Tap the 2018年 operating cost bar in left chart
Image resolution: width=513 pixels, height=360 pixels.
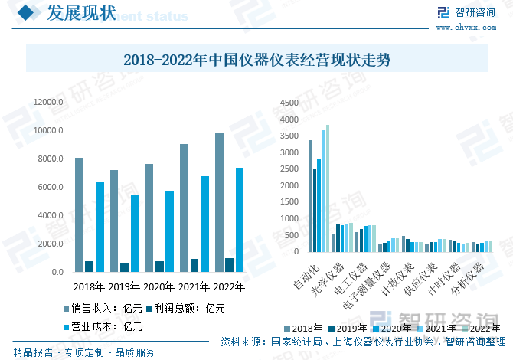[100, 227]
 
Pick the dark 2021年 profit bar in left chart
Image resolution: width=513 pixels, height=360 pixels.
[194, 265]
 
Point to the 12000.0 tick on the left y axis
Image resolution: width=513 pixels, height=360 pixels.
[47, 102]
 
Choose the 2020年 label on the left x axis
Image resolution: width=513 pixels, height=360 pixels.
[159, 288]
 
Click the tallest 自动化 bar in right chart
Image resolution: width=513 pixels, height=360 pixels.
[328, 188]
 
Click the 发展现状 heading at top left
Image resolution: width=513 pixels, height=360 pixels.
[81, 13]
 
